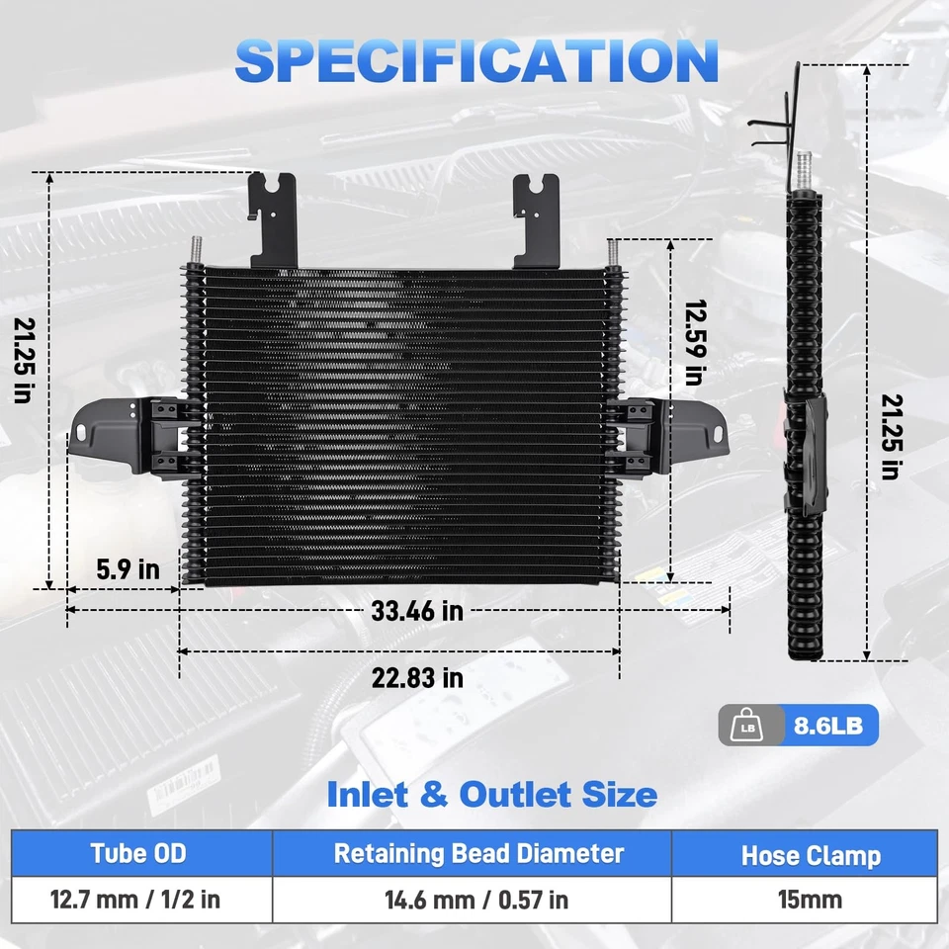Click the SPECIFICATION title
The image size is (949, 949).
click(x=475, y=60)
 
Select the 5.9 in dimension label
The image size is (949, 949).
click(x=129, y=569)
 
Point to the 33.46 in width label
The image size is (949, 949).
click(x=417, y=611)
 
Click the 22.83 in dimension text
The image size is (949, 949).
click(x=417, y=678)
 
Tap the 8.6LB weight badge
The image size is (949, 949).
click(x=828, y=727)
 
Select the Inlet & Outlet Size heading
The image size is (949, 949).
click(x=490, y=794)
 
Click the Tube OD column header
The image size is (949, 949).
click(x=138, y=854)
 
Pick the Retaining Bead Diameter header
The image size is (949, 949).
click(x=478, y=854)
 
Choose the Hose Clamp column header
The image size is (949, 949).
click(x=811, y=855)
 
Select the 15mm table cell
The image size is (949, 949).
click(x=811, y=901)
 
